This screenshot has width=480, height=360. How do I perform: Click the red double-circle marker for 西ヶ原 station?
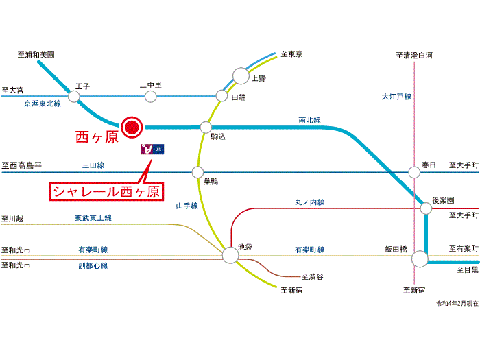pos(131,127)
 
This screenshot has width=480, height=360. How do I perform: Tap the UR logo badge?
pos(152,149)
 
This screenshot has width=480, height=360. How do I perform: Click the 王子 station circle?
pos(74,97)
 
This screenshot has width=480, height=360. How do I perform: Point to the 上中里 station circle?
pos(150,97)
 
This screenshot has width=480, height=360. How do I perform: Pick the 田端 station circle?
pos(221,97)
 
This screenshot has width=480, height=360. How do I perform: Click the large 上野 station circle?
pos(241,76)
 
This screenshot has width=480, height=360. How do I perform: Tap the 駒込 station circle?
pos(205,127)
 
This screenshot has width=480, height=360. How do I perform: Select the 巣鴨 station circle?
pos(198,172)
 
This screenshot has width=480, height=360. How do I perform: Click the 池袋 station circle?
pos(230,255)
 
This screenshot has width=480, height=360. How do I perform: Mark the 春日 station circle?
pos(413,172)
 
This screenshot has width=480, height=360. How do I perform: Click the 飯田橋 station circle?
pos(420,259)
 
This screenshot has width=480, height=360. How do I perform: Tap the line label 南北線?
pos(309,120)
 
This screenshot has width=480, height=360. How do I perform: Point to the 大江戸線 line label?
pos(396,97)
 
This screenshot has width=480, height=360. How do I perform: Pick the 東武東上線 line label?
pos(93,218)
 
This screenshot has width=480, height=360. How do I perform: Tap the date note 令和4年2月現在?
pos(456,303)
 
